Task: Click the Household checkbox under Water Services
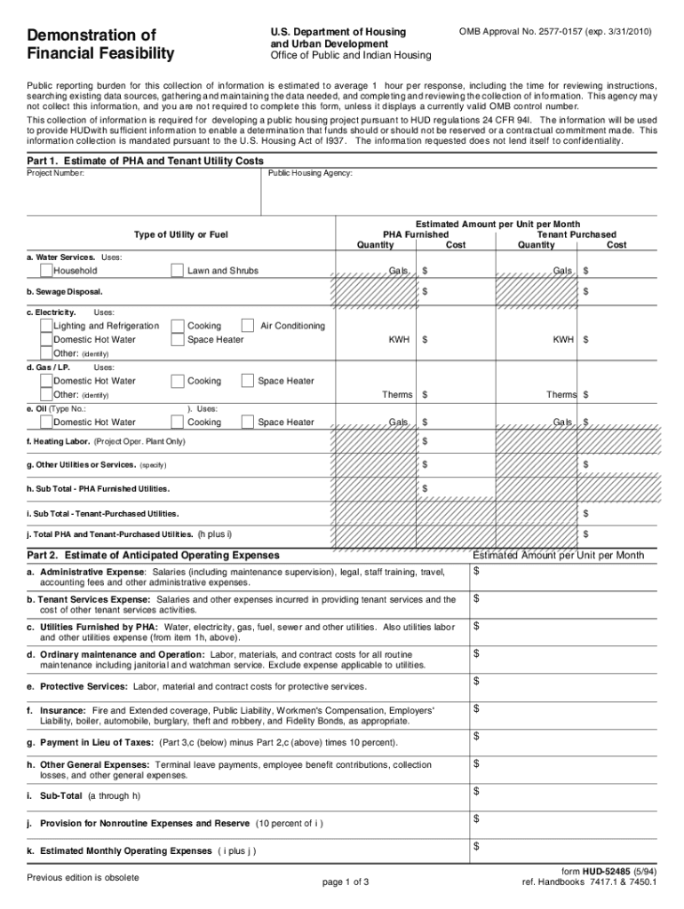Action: pyautogui.click(x=46, y=270)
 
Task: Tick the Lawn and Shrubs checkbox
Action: pyautogui.click(x=179, y=270)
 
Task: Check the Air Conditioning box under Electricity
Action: pyautogui.click(x=249, y=326)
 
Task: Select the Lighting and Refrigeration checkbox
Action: pyautogui.click(x=46, y=326)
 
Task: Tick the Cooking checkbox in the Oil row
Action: pyautogui.click(x=179, y=423)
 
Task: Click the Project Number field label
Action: pyautogui.click(x=56, y=174)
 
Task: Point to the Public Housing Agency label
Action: pyautogui.click(x=310, y=174)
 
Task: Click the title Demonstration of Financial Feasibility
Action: pyautogui.click(x=100, y=44)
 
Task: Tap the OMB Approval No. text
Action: pyautogui.click(x=555, y=31)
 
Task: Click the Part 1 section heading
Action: pyautogui.click(x=145, y=161)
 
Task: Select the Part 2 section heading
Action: pyautogui.click(x=153, y=555)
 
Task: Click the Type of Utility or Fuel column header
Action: pyautogui.click(x=181, y=234)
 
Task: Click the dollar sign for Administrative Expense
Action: pyautogui.click(x=477, y=570)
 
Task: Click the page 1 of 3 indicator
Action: pyautogui.click(x=346, y=881)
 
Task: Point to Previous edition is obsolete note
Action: pyautogui.click(x=83, y=878)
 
